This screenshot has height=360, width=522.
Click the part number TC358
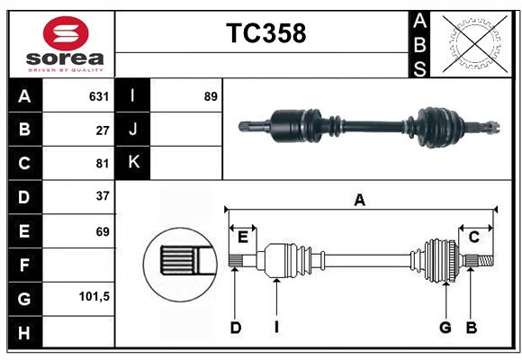click(265, 33)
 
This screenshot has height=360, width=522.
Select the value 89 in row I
click(211, 96)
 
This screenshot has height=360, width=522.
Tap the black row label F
click(24, 265)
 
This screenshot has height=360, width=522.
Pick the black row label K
click(133, 163)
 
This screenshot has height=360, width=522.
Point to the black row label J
click(133, 130)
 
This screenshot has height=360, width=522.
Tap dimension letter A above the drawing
click(359, 201)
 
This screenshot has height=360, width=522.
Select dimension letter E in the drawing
click(243, 237)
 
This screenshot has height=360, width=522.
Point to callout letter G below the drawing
click(445, 328)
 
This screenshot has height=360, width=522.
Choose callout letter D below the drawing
click(235, 328)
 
